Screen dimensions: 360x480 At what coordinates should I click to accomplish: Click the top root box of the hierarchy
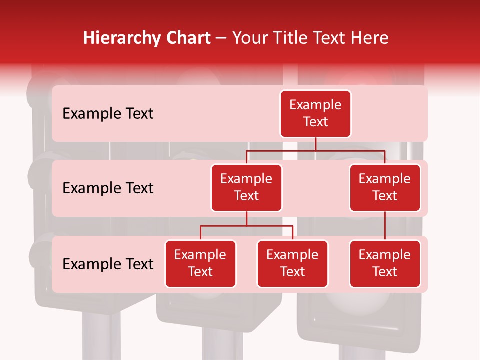click(315, 113)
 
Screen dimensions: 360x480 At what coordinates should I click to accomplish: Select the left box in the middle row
click(246, 187)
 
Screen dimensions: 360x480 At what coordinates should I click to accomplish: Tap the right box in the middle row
click(385, 187)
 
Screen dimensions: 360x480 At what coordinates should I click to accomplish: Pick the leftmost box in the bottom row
click(200, 263)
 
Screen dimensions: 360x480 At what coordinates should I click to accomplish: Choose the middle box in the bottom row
click(292, 263)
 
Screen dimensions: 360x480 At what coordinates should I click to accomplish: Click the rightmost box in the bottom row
click(385, 263)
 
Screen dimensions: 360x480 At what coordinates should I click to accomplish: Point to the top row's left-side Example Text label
click(108, 114)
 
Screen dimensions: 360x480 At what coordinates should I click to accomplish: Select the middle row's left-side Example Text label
click(108, 188)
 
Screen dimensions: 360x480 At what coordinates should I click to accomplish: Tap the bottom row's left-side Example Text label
click(108, 264)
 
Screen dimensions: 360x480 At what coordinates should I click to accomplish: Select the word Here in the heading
click(369, 38)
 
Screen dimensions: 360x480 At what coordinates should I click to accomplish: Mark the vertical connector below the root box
click(315, 144)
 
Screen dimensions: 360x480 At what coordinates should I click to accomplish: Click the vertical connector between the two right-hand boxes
click(385, 226)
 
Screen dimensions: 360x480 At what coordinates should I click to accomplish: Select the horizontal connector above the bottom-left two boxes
click(246, 226)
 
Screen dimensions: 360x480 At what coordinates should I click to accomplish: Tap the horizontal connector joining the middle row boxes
click(315, 150)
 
